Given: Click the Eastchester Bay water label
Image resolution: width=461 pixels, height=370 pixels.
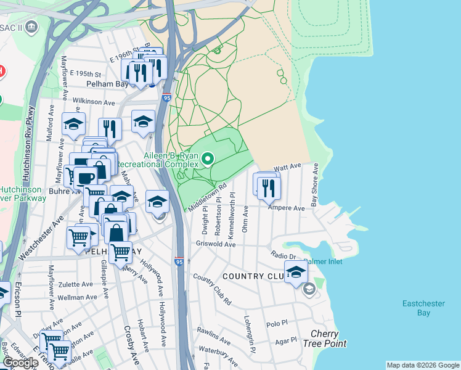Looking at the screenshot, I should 424,308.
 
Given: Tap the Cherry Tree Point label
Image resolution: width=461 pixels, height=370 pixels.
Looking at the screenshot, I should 324,339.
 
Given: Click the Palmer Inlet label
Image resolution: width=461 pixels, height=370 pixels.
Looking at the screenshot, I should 322,261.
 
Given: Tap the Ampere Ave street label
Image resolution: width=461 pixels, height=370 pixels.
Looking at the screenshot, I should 286,208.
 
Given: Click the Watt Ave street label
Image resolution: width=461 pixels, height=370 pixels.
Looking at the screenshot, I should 287,167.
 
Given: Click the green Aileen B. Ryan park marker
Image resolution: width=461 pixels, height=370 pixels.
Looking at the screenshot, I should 208,160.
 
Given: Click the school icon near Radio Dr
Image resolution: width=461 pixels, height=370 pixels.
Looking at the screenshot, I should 296,271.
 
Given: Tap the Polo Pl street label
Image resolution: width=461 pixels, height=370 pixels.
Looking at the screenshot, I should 277,323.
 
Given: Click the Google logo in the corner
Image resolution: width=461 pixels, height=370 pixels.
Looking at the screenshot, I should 21,363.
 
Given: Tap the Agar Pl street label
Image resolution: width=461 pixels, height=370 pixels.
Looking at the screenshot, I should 286,340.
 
